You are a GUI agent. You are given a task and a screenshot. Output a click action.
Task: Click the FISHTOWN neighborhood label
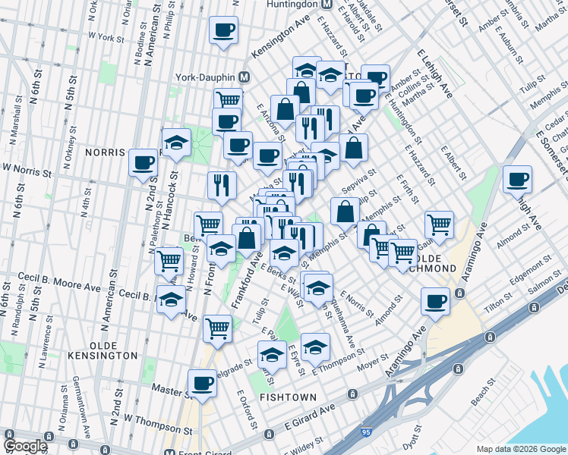[x=282, y=397]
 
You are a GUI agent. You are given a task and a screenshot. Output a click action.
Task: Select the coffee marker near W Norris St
[x=143, y=162]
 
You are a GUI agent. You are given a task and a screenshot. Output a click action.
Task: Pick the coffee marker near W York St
[x=223, y=30]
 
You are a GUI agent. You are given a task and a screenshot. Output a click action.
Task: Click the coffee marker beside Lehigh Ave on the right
[x=517, y=180]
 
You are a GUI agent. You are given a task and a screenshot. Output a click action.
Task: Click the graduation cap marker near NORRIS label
[x=176, y=143]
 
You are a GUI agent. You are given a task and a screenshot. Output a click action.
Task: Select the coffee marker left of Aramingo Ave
[x=435, y=301]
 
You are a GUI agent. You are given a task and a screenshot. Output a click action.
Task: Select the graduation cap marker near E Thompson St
[x=315, y=347]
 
